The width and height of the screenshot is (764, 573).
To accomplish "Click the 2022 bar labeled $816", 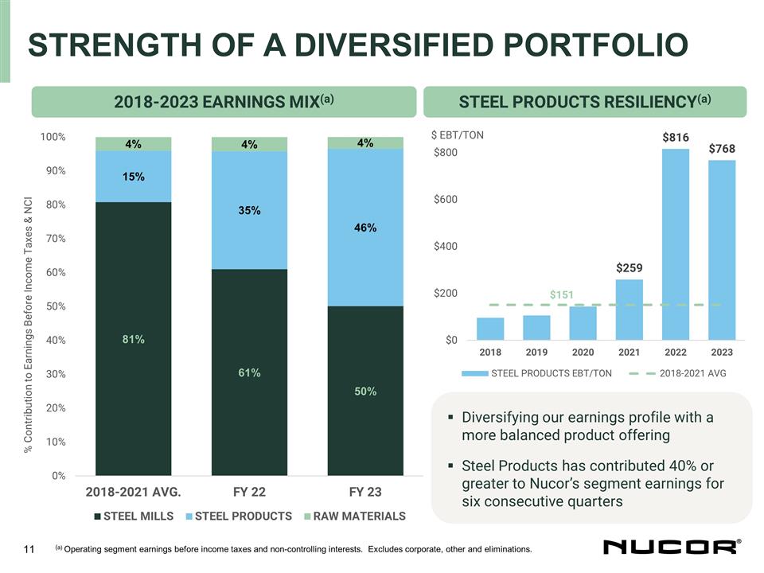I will click(676, 243).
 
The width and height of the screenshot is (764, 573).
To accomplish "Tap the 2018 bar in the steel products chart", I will click(490, 329).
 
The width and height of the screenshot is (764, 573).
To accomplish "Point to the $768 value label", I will click(722, 149).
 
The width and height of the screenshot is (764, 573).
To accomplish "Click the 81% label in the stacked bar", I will click(133, 340).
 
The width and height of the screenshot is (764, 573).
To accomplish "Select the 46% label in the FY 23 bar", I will click(364, 228).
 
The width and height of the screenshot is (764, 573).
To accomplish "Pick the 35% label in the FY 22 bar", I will click(249, 211).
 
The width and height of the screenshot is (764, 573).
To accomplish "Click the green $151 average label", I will click(561, 295).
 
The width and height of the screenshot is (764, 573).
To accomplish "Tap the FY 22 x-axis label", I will click(249, 491).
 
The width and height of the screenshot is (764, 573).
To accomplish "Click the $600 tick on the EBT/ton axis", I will click(445, 199).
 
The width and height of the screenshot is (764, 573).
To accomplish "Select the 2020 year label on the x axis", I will click(583, 352).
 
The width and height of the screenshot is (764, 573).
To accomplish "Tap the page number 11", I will click(30, 548).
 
